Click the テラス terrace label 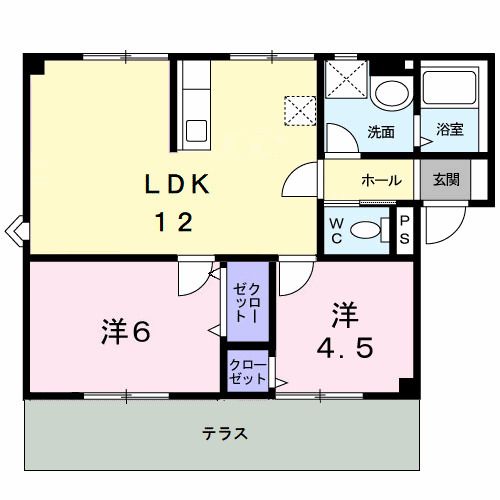(224, 434)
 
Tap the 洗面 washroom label (380, 131)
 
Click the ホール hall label (381, 181)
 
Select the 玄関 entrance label (446, 181)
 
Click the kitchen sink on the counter (195, 129)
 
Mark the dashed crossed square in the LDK (298, 108)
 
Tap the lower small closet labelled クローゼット (247, 372)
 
